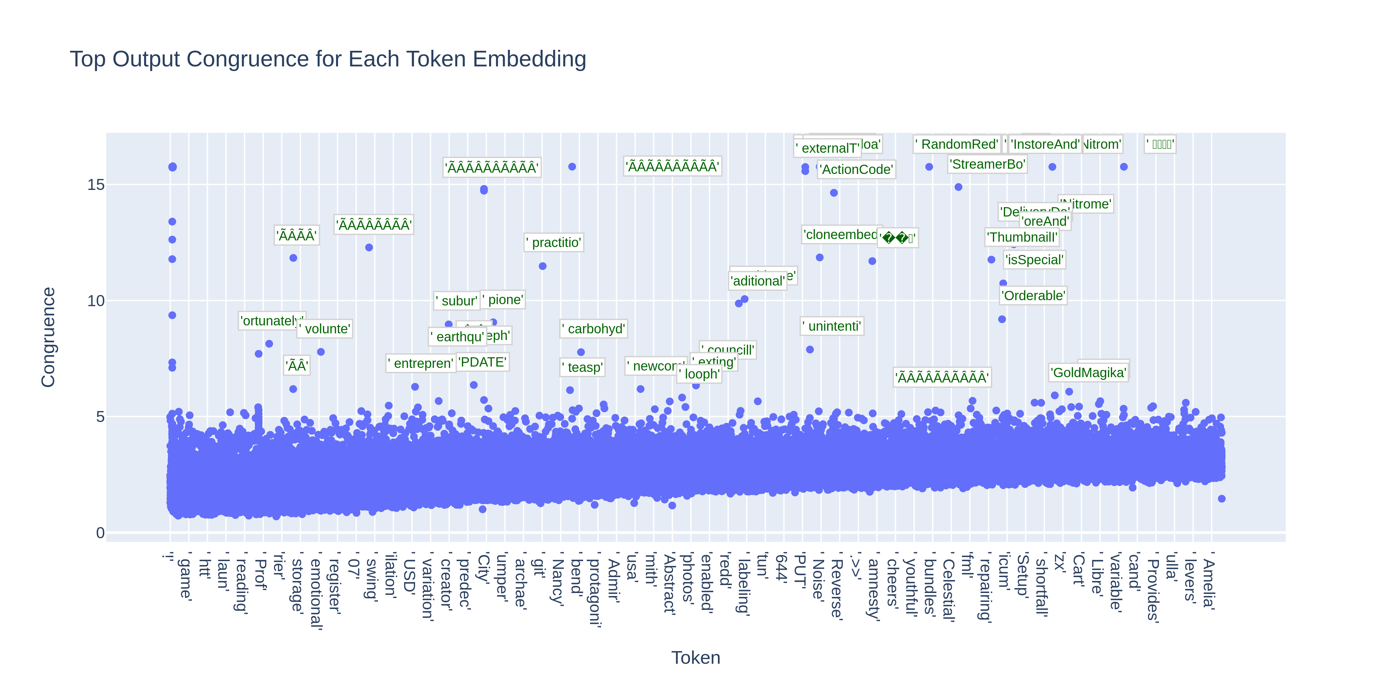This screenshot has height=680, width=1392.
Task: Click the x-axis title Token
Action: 695,657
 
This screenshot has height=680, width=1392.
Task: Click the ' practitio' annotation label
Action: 554,242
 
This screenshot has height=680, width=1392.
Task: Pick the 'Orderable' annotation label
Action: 1033,296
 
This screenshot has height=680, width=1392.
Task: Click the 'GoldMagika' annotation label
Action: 1088,372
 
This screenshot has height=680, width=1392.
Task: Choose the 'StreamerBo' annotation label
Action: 987,164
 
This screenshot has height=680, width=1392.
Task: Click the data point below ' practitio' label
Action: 543,266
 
